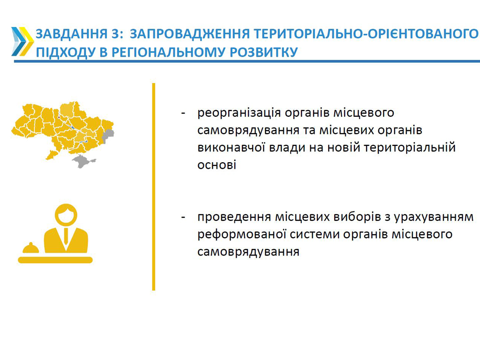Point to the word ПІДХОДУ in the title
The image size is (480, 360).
[66, 52]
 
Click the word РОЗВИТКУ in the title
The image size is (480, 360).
[263, 52]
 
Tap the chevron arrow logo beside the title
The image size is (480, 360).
[22, 42]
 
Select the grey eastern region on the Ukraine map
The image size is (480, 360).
[108, 136]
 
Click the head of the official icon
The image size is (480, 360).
[66, 215]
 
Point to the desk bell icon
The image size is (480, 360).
[31, 247]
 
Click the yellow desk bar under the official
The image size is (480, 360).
[55, 260]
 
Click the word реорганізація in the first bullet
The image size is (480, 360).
[239, 113]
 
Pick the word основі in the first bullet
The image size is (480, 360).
[217, 165]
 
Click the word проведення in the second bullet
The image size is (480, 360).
[234, 217]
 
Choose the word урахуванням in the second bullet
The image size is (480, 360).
[434, 217]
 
